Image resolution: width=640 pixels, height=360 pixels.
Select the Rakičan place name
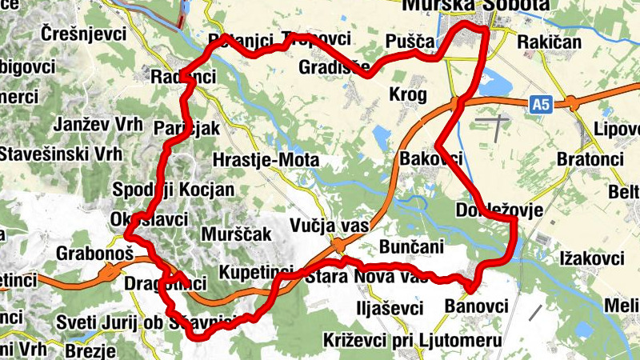(x=550, y=42)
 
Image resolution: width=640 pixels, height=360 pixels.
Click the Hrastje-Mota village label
(x=266, y=161)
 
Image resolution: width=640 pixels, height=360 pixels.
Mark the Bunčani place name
(x=411, y=247)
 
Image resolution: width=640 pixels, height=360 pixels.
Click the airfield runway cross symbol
(x=496, y=124)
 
